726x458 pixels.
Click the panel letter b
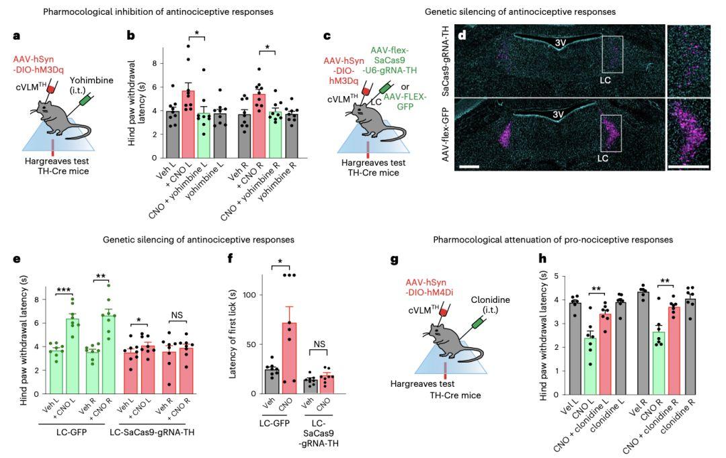click(x=132, y=36)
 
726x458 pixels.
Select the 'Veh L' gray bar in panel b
click(x=173, y=134)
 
